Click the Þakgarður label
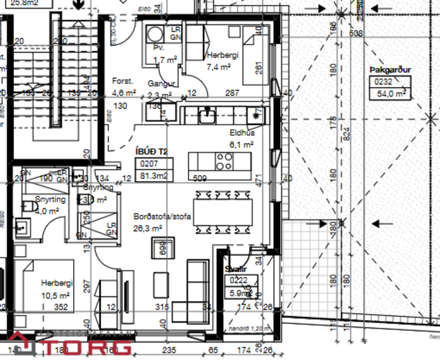click(x=389, y=70)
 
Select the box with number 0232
click(x=384, y=82)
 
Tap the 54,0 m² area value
click(x=391, y=93)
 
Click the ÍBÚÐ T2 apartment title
click(x=151, y=152)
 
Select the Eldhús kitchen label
click(x=241, y=133)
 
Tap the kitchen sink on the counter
click(x=207, y=116)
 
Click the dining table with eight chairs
click(x=223, y=213)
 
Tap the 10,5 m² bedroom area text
click(x=56, y=294)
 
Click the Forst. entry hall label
click(x=123, y=82)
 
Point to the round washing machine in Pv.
click(x=154, y=33)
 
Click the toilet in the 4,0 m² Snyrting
click(x=26, y=206)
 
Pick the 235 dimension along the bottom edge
click(x=168, y=350)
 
